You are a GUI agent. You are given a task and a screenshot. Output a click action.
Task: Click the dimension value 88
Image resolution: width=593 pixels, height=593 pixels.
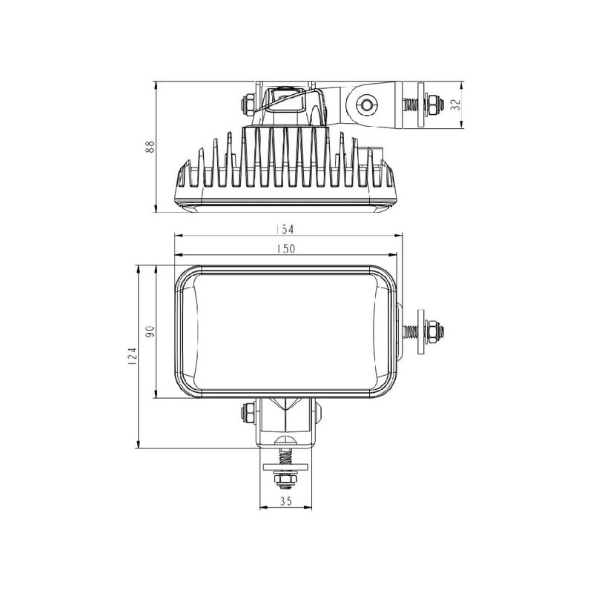(150, 146)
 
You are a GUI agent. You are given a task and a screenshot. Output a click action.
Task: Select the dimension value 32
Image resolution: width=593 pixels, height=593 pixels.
(457, 105)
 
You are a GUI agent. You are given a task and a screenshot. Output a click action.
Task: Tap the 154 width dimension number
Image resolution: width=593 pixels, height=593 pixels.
(285, 230)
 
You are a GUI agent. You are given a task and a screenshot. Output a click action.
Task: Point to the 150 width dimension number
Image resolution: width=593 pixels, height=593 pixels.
(286, 249)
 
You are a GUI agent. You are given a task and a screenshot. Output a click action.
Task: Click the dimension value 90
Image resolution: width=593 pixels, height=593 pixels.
(150, 331)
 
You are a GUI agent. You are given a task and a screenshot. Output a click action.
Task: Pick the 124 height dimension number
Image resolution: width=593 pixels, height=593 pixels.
(132, 357)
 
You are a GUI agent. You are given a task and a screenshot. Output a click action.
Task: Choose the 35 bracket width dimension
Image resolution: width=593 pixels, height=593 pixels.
(286, 502)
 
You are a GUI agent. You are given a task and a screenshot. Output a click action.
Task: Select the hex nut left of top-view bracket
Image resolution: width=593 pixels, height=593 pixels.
(248, 105)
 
